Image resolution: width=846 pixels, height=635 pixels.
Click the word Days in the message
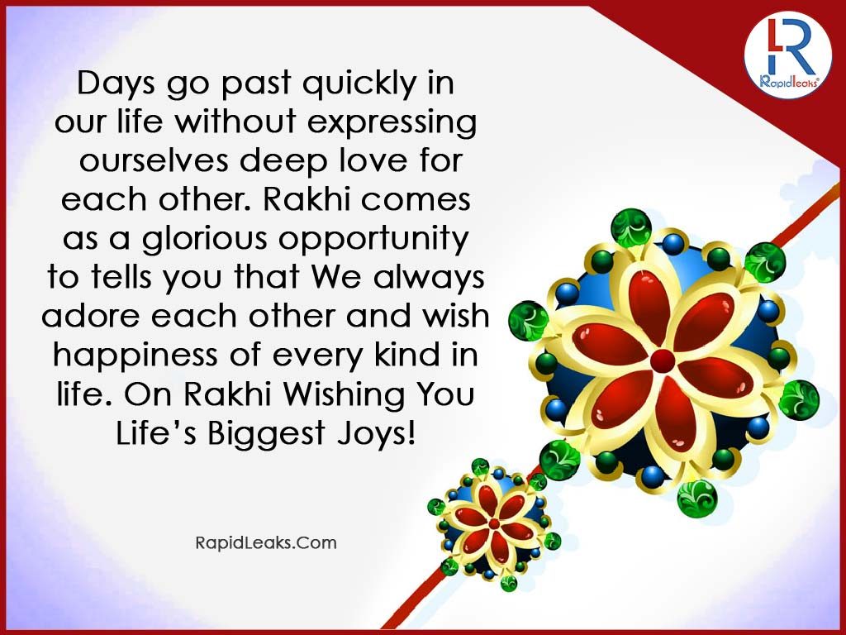click(x=116, y=84)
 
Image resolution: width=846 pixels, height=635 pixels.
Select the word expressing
click(x=392, y=123)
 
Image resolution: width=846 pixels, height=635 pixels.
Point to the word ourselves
click(x=154, y=161)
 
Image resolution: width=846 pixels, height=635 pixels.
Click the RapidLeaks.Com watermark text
click(x=266, y=542)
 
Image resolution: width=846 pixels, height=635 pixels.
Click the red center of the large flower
click(x=663, y=360)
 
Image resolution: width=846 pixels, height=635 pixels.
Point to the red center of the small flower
click(x=494, y=523)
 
